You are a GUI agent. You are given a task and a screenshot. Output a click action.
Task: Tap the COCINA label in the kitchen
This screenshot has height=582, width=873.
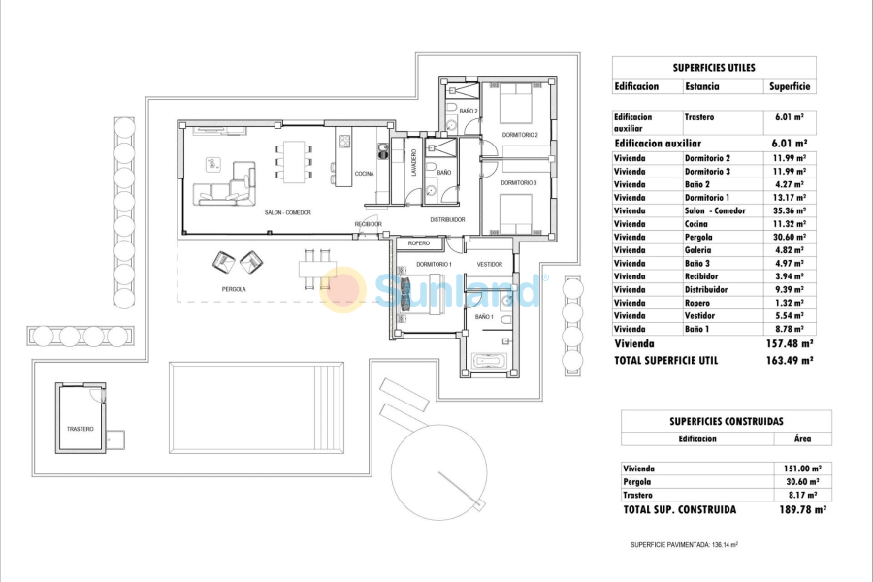pyautogui.click(x=364, y=174)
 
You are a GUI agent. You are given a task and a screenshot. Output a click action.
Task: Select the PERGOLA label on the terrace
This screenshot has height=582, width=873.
pyautogui.click(x=233, y=289)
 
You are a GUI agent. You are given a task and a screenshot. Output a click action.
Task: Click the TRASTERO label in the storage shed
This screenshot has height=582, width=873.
pyautogui.click(x=81, y=428)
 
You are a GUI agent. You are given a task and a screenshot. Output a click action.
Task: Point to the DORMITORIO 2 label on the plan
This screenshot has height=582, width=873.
pyautogui.click(x=519, y=134)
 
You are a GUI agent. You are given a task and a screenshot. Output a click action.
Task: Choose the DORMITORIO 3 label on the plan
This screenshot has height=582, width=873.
pyautogui.click(x=519, y=182)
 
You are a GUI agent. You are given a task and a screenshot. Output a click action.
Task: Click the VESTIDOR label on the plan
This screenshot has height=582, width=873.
pyautogui.click(x=490, y=264)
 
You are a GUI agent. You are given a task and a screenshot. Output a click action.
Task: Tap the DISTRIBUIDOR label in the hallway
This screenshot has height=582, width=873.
pyautogui.click(x=449, y=219)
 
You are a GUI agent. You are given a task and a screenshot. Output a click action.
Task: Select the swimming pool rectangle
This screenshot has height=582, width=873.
pyautogui.click(x=256, y=407)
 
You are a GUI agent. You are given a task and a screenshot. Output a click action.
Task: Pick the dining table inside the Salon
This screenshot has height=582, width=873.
pyautogui.click(x=293, y=162)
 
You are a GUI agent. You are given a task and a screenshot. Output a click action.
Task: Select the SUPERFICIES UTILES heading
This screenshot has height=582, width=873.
pyautogui.click(x=714, y=68)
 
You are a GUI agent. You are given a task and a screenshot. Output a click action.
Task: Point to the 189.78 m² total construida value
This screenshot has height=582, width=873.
pyautogui.click(x=792, y=509)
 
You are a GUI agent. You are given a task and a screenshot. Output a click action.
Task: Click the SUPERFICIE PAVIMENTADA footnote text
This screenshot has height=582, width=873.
pyautogui.click(x=685, y=545)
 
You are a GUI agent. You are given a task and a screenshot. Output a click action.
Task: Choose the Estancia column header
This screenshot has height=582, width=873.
pyautogui.click(x=701, y=86)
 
